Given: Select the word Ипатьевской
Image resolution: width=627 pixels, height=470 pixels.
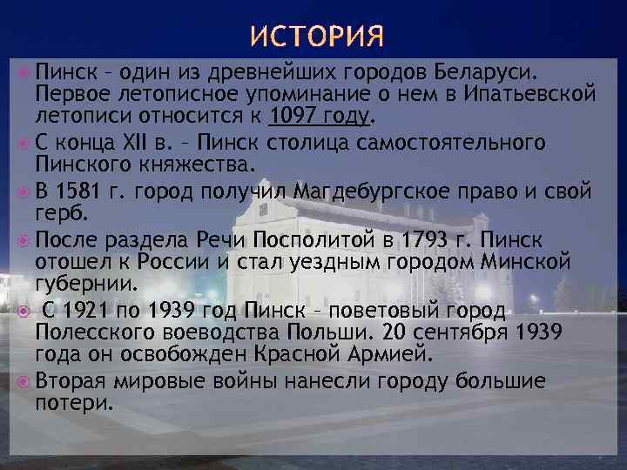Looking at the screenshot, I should point(531,93).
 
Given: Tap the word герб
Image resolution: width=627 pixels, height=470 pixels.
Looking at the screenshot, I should point(59,213).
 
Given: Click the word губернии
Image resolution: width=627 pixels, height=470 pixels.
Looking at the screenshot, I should point(85,285).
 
